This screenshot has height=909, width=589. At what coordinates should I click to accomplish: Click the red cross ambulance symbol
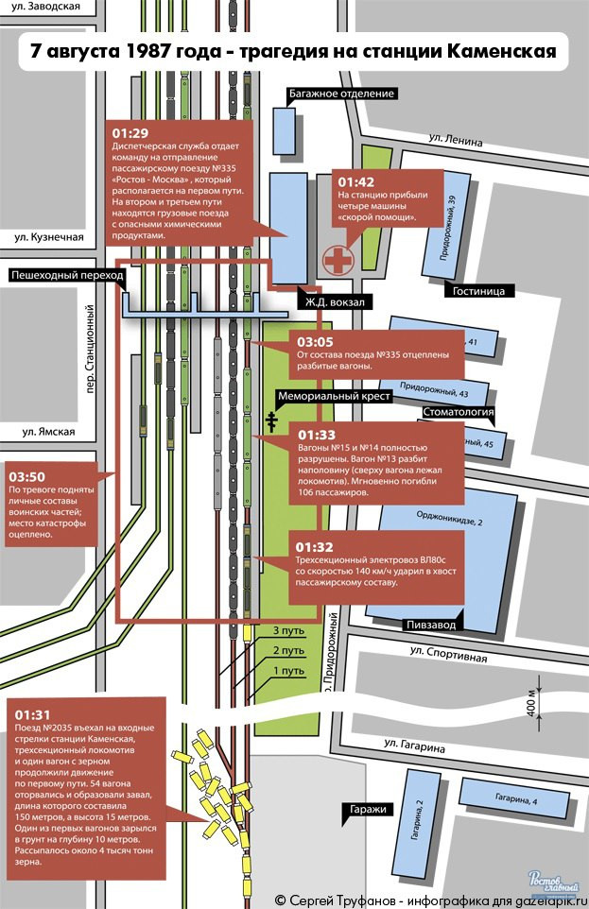pos(336,259)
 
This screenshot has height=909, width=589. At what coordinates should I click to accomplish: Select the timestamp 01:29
pos(130,132)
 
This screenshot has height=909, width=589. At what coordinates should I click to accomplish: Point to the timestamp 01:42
pos(356,181)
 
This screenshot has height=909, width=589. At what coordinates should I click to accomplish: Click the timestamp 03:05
pos(316,342)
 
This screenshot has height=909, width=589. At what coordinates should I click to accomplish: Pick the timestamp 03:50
pos(26,475)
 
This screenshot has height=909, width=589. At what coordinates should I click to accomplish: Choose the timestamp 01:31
pos(34,714)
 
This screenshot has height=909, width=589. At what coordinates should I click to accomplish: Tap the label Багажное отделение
pos(339,94)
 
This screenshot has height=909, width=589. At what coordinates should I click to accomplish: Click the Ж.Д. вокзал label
pos(334,301)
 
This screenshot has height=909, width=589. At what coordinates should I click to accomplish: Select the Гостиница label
pos(482,291)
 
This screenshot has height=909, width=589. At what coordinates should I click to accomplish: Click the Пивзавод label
pos(431,625)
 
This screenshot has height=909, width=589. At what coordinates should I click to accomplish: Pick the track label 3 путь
pos(287,630)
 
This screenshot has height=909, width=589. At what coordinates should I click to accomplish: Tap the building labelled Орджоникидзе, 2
pos(449,519)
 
